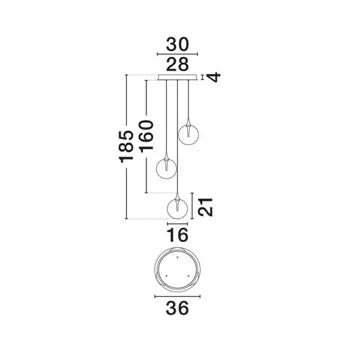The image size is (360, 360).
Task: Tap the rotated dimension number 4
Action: coord(215,77)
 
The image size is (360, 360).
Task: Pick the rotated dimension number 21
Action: coord(211,206)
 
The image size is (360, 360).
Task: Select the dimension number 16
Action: coord(177,235)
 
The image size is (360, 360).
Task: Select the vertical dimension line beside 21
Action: coord(196,205)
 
